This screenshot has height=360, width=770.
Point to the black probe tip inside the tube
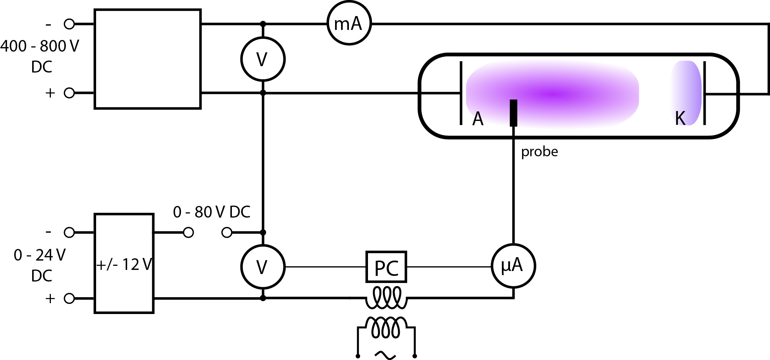click(x=513, y=113)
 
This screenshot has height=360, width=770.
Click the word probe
click(x=540, y=152)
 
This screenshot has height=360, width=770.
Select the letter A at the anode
click(x=478, y=119)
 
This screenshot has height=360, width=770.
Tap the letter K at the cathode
click(x=680, y=118)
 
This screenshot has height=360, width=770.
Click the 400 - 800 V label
click(x=40, y=46)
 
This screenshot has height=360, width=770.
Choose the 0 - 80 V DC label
click(x=212, y=212)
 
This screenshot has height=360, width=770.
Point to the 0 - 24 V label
click(x=40, y=255)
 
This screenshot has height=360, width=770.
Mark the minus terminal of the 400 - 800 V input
click(x=69, y=24)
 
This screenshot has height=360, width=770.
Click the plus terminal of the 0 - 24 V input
click(x=69, y=298)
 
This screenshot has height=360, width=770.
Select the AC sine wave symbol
click(x=385, y=355)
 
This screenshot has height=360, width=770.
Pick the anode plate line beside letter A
click(x=461, y=93)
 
